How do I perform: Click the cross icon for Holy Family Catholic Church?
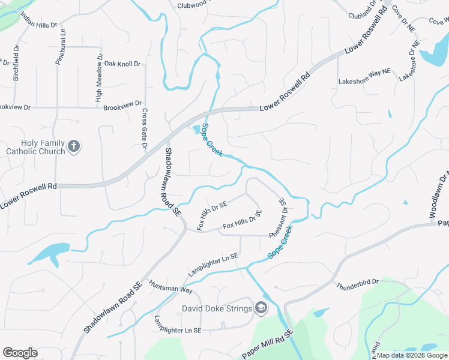(74, 146)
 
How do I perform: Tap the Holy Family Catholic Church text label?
(35, 147)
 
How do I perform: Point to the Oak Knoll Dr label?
(122, 64)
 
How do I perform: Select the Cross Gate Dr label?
(144, 129)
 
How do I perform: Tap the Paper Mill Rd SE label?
(267, 345)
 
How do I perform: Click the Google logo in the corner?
(20, 353)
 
